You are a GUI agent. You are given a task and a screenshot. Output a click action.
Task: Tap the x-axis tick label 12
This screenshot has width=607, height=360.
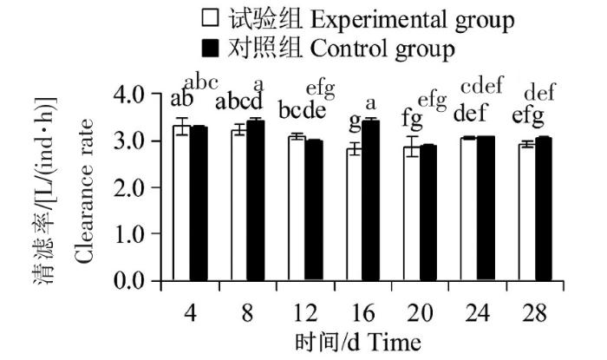pyautogui.click(x=304, y=311)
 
